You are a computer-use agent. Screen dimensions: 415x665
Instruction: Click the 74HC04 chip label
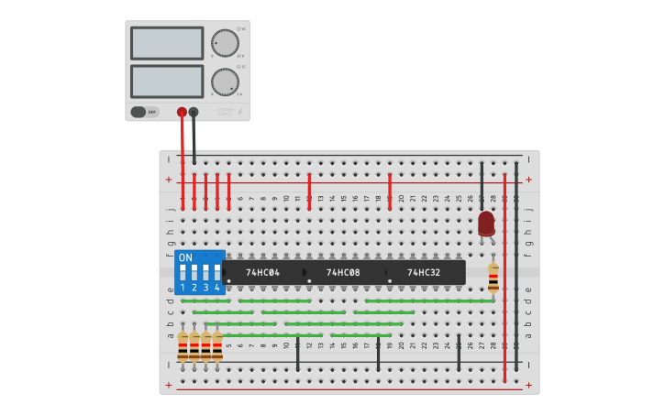click(x=261, y=273)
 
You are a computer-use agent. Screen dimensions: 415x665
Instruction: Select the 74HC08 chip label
click(x=343, y=273)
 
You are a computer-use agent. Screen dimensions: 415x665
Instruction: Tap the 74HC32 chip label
click(x=424, y=273)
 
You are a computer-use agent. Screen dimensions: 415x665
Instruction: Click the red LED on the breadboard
click(x=486, y=223)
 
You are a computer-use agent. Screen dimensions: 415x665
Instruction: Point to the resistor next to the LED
click(x=493, y=278)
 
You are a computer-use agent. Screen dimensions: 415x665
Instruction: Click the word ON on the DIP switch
click(x=186, y=257)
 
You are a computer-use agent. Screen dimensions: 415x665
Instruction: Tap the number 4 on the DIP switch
click(x=217, y=288)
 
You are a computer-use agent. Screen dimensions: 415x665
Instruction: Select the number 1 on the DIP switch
click(x=183, y=288)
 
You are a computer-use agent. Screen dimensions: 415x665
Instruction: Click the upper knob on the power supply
click(x=225, y=43)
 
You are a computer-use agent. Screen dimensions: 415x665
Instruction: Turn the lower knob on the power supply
click(x=225, y=82)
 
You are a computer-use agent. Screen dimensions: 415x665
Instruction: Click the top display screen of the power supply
click(x=167, y=43)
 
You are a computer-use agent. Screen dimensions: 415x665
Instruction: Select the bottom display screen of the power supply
click(x=167, y=82)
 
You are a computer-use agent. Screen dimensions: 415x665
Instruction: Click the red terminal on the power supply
click(x=182, y=112)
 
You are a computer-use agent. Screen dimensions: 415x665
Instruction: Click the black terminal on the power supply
click(x=194, y=112)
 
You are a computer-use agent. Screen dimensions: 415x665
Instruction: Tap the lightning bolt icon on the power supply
click(x=240, y=113)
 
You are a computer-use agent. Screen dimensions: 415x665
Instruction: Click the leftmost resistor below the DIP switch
click(x=183, y=347)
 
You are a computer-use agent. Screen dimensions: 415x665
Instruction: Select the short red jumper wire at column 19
click(x=390, y=191)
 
